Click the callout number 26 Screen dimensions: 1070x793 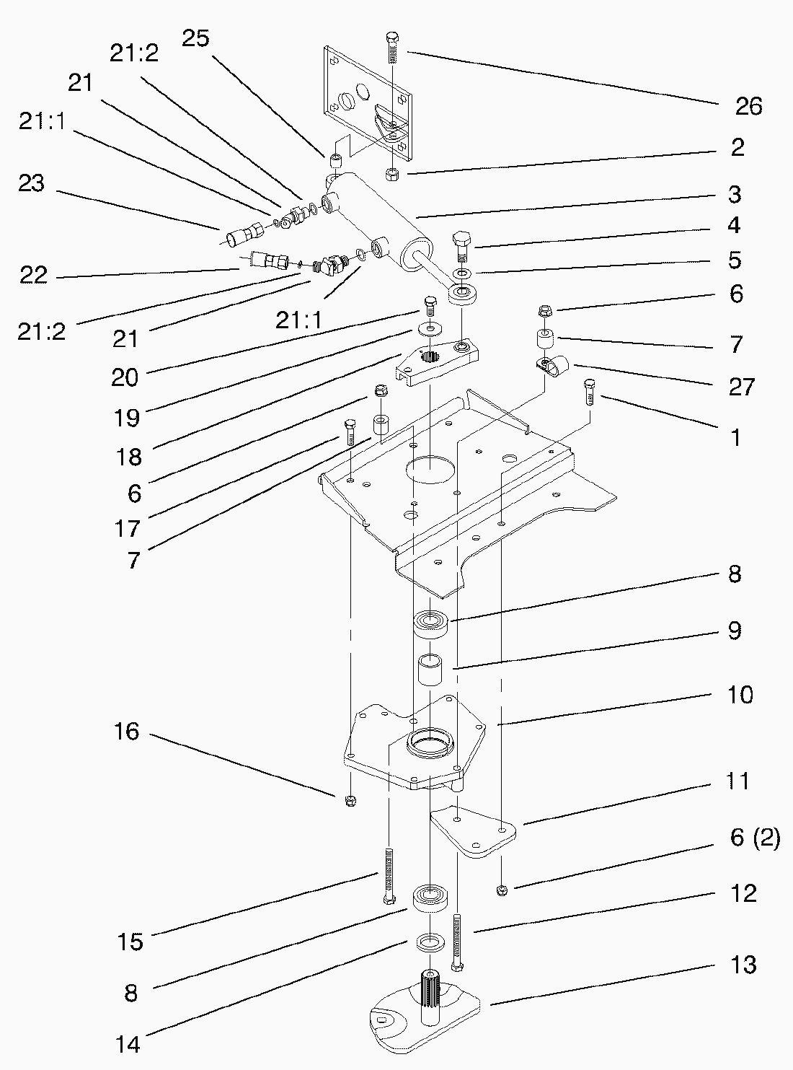[748, 106]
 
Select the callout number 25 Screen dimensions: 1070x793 [195, 38]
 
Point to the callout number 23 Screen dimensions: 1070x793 [32, 183]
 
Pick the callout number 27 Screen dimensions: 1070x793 [740, 387]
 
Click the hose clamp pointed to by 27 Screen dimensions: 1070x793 [553, 367]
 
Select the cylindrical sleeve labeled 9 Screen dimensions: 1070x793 [433, 673]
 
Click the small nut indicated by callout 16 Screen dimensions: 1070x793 [350, 800]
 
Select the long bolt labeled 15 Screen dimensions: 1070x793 [389, 875]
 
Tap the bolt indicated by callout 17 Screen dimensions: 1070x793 [351, 431]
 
